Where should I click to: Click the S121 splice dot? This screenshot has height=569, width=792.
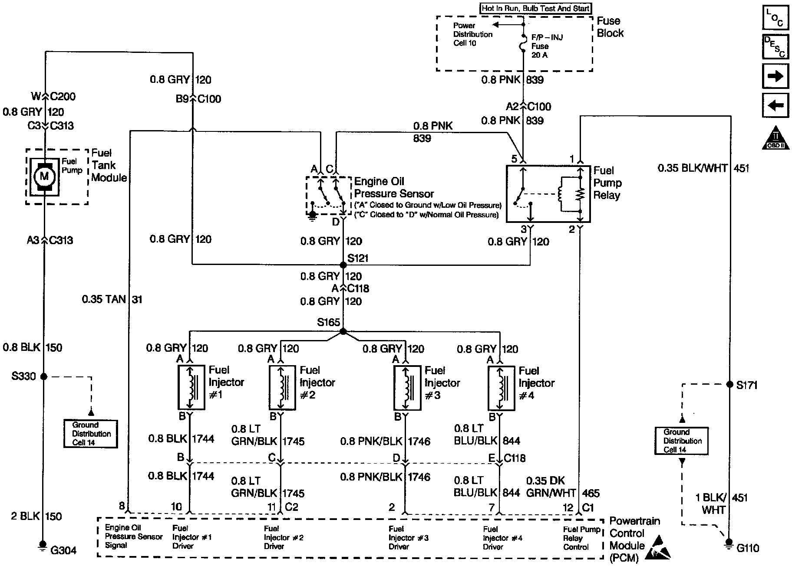343,265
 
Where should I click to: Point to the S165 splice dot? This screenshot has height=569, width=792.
343,331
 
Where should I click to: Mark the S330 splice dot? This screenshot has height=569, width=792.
43,376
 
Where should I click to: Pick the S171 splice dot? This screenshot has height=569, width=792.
730,384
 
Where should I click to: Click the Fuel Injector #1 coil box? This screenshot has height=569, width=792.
191,387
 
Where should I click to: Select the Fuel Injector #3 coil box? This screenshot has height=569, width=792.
407,387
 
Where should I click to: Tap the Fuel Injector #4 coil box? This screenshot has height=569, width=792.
501,388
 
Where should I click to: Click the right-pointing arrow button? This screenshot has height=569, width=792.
775,77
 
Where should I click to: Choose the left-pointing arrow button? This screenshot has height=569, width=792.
775,105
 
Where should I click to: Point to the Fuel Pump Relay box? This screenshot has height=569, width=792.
548,193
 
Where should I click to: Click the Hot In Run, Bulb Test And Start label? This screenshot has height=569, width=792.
535,8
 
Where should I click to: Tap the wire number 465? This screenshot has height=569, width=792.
591,493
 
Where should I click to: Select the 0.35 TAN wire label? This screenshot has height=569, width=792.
104,299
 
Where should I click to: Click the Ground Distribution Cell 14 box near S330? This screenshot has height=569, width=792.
91,434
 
